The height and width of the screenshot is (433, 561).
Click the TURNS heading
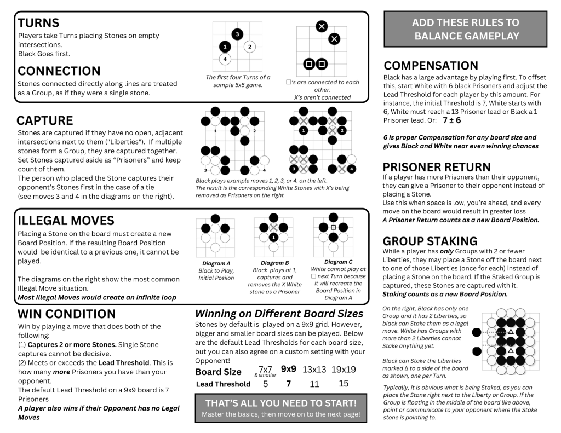(x=38, y=23)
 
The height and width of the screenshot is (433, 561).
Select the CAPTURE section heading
(x=44, y=120)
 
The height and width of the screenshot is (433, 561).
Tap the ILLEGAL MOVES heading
(x=66, y=221)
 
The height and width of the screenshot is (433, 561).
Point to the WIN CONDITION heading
(x=67, y=314)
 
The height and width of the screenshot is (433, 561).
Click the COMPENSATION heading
(x=431, y=66)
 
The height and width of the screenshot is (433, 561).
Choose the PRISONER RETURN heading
(x=437, y=167)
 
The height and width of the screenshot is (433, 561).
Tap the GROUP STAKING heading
(x=430, y=241)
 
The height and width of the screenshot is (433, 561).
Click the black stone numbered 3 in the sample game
(x=237, y=34)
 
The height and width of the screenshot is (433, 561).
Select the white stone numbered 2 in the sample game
(x=249, y=47)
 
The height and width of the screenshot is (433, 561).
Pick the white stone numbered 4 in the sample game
(x=225, y=59)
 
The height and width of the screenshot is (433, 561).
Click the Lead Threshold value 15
(x=344, y=384)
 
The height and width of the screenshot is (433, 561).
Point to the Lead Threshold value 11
(x=314, y=384)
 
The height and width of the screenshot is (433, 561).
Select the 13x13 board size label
(x=314, y=370)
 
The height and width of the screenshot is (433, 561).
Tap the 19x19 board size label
(x=344, y=370)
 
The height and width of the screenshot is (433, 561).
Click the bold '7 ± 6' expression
(x=452, y=120)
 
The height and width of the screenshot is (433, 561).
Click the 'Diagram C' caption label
(x=338, y=262)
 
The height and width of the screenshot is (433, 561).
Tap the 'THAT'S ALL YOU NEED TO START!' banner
(x=280, y=403)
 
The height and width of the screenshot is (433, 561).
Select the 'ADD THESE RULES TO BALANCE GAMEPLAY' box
(x=465, y=30)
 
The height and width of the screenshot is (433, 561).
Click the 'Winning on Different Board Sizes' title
(x=279, y=314)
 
